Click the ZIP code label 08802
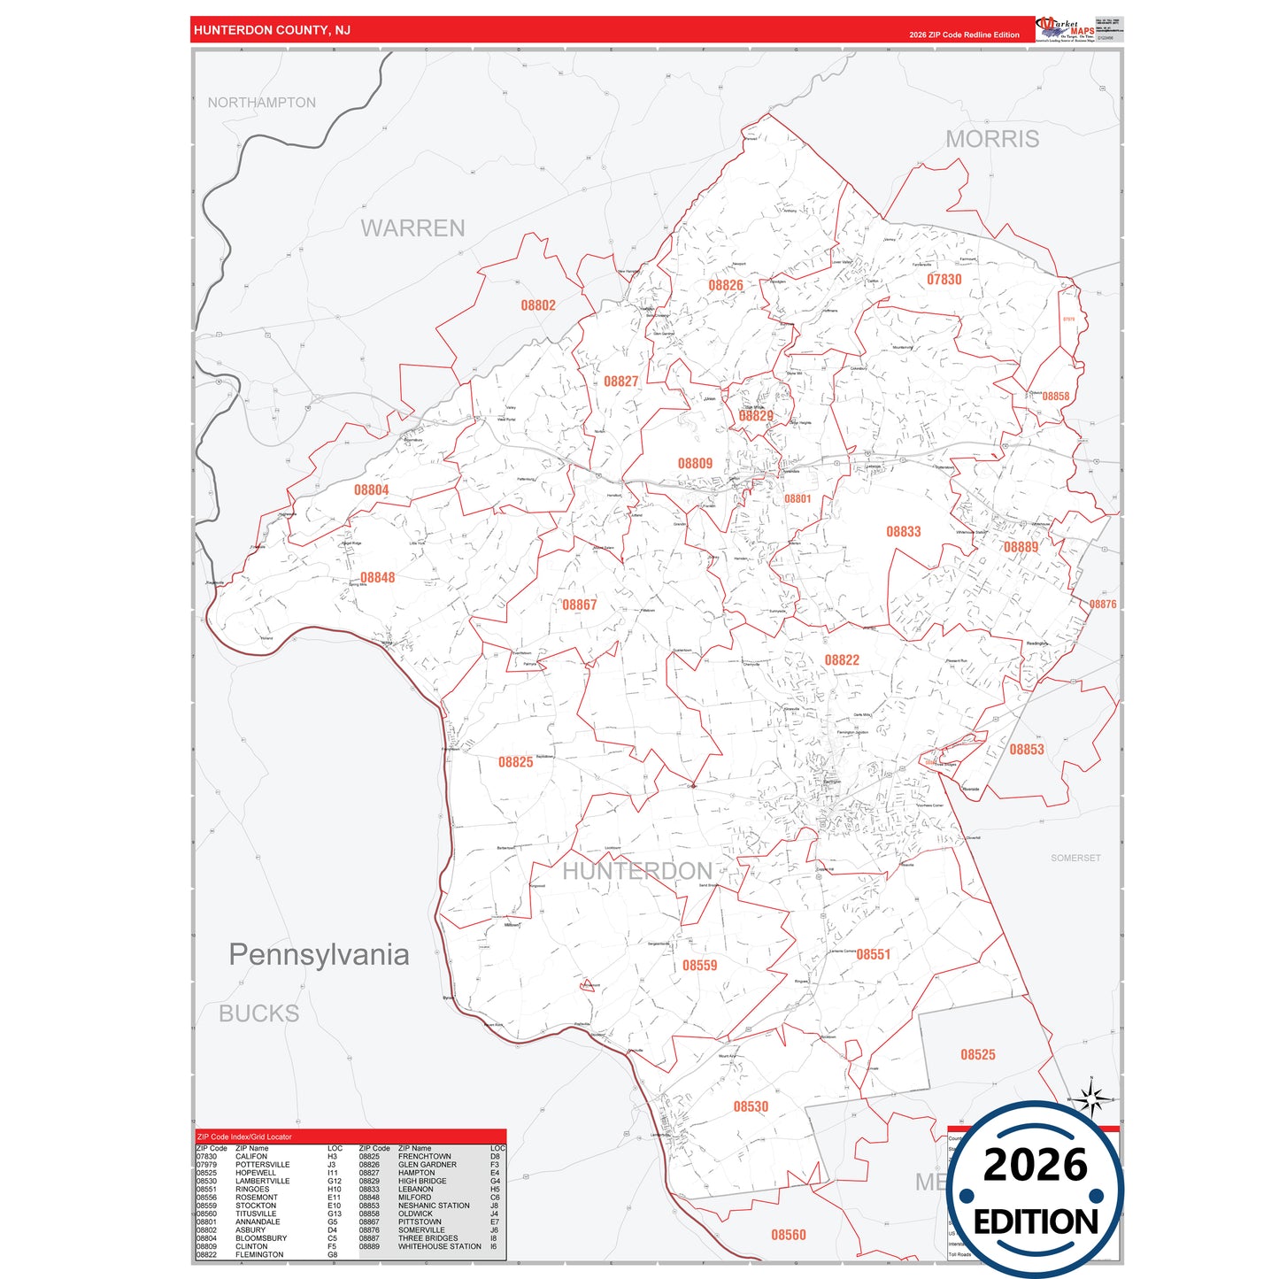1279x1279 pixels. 538,305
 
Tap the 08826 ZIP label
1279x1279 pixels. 726,285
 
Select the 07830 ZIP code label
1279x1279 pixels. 944,280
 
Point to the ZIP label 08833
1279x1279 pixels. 904,532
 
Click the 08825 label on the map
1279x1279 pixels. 515,762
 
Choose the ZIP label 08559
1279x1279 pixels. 699,966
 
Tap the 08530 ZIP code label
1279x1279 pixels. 751,1106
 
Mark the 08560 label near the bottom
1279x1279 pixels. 788,1235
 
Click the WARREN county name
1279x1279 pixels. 412,228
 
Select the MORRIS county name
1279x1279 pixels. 992,139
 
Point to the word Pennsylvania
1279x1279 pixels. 319,954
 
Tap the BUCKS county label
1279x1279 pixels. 258,1013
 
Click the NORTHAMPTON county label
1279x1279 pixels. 261,103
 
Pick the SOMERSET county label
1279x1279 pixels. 1075,858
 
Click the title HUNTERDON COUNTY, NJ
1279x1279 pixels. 272,30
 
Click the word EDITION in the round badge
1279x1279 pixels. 1036,1221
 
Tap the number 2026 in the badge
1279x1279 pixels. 1035,1165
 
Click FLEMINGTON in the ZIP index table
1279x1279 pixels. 259,1254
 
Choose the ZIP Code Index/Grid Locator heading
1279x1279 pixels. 244,1136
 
